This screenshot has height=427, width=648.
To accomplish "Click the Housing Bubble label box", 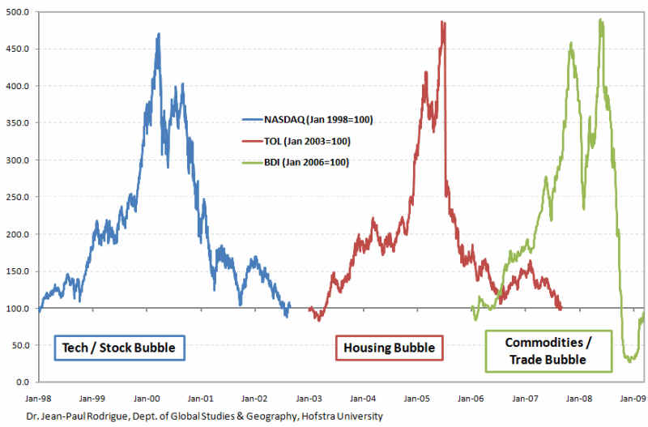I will coord(389,348).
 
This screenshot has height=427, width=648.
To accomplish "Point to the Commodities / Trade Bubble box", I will coord(547,350).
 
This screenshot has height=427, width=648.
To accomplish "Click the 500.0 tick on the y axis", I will coord(19,11).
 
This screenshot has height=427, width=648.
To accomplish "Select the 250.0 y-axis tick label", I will coord(19,197).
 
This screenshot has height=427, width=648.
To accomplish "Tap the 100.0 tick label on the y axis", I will coord(19,308).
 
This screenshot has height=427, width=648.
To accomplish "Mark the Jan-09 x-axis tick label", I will coord(634,399).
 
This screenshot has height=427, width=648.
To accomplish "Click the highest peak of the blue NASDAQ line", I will coord(158,34).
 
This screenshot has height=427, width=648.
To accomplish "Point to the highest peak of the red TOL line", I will coord(442,22).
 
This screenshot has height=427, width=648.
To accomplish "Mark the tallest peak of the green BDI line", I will coord(600,19).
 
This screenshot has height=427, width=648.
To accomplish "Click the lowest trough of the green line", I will coord(629,361).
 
